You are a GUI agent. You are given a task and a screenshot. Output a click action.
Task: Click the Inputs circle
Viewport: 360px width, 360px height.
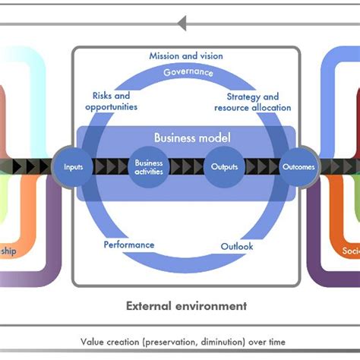[x=73, y=166]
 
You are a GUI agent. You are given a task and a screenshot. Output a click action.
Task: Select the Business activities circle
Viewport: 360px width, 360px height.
[x=149, y=166]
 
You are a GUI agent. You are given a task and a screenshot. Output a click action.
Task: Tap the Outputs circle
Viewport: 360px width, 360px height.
[x=224, y=166]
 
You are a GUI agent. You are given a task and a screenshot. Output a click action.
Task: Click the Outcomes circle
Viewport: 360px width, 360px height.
[x=298, y=166]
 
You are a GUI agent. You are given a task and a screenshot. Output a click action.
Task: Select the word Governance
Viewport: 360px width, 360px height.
[x=188, y=72]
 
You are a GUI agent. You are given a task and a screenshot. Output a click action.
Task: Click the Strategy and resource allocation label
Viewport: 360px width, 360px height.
[x=253, y=103]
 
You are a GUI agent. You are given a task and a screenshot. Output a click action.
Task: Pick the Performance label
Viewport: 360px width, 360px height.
[x=128, y=245]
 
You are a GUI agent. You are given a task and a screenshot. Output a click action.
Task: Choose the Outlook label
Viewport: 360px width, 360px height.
[x=237, y=246]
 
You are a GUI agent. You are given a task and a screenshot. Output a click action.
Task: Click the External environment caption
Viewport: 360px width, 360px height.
[x=186, y=306]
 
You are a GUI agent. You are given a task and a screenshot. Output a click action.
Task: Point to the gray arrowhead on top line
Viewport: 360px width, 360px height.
[x=182, y=24]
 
